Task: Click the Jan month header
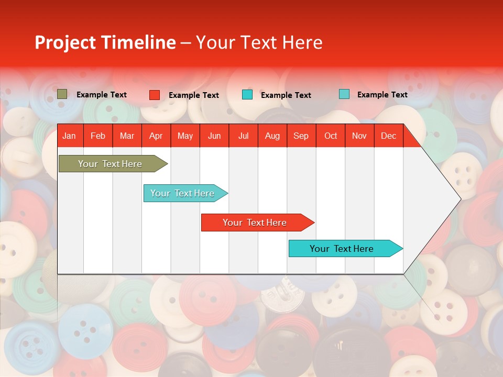click(69, 136)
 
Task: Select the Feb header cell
click(98, 136)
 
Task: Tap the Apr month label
click(156, 136)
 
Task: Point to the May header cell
click(185, 136)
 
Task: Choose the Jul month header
click(243, 136)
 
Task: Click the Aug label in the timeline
click(272, 136)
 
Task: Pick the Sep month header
click(301, 136)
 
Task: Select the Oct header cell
click(331, 136)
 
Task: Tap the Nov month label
click(359, 136)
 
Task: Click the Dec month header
click(388, 136)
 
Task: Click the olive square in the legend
click(62, 94)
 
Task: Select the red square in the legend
click(155, 95)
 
